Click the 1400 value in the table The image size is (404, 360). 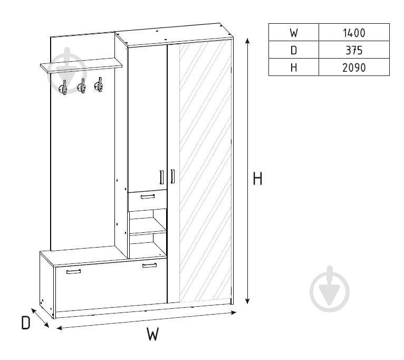click(x=354, y=33)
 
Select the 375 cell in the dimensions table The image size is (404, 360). click(x=354, y=50)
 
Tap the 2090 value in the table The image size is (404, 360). click(x=354, y=68)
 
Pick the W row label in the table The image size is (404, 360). click(x=294, y=33)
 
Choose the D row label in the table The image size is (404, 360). click(x=294, y=50)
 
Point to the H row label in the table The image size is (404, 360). click(x=294, y=68)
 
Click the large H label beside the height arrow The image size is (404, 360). click(x=257, y=178)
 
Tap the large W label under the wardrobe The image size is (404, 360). click(x=153, y=334)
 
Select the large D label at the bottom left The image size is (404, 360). click(x=25, y=323)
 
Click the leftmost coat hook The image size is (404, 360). click(x=63, y=88)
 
